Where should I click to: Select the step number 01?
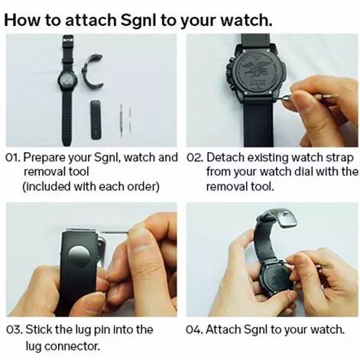(13, 158)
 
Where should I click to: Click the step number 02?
(195, 158)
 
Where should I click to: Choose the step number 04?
(195, 330)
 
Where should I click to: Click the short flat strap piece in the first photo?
(96, 120)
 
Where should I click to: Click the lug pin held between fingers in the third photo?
(115, 232)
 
